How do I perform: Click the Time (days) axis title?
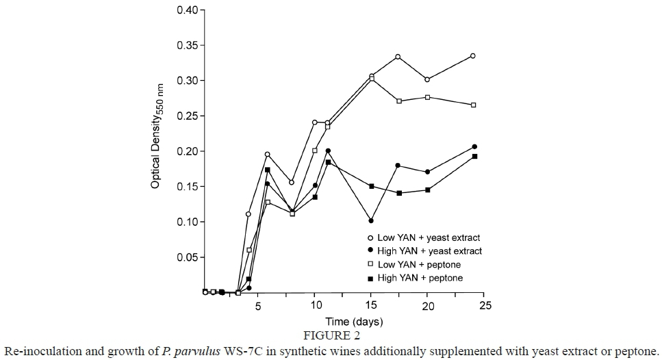click(x=354, y=321)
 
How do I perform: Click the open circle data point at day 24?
click(x=473, y=56)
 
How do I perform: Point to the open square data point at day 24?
click(x=473, y=105)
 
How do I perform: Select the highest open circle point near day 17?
click(x=398, y=57)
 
